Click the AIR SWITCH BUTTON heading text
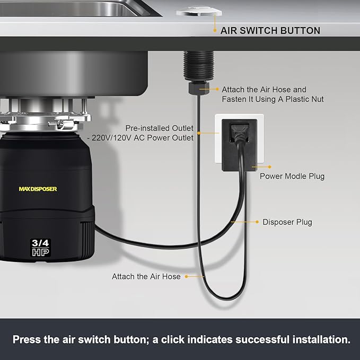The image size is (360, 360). click(270, 31)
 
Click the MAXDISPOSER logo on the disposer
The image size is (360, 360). click(38, 189)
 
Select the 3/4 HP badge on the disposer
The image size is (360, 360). click(40, 247)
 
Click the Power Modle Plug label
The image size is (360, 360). click(292, 176)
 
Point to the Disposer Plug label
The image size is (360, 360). click(287, 222)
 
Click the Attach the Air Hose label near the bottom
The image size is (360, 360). click(146, 276)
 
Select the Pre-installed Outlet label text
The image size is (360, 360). click(159, 128)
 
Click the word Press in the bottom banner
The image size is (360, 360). click(27, 339)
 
